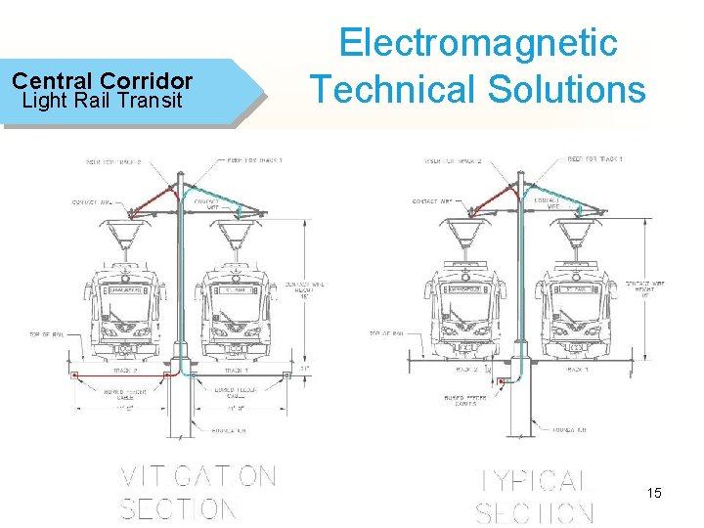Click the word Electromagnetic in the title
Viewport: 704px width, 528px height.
(478, 43)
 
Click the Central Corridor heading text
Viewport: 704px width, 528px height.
(102, 81)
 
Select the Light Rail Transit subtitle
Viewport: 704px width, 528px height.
(102, 100)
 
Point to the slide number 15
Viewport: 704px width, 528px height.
(653, 493)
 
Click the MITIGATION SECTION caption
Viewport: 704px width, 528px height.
(197, 493)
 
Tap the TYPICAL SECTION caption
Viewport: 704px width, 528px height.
(536, 496)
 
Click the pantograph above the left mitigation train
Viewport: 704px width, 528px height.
(124, 236)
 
